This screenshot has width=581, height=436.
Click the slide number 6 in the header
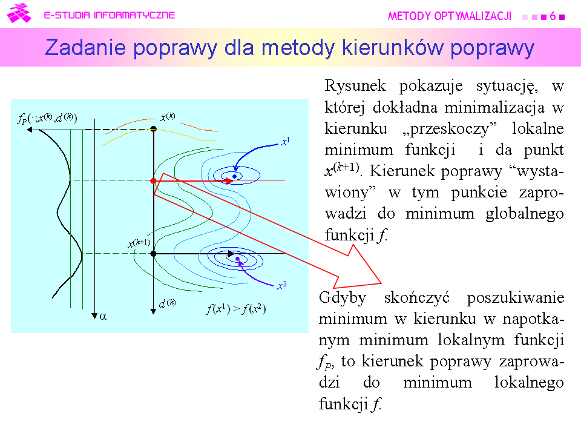[x=553, y=16]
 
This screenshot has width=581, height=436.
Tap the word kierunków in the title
[x=392, y=47]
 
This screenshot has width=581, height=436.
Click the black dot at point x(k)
[x=153, y=129]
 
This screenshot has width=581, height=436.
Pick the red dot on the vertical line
[x=153, y=180]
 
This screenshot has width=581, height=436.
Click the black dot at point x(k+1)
[x=153, y=254]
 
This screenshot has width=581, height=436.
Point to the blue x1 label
[x=285, y=141]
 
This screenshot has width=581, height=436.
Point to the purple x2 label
[x=282, y=285]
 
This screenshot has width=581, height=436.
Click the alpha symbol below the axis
[x=103, y=316]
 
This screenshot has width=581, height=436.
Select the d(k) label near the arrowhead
[x=167, y=303]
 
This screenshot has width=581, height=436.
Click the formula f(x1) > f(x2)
[x=236, y=309]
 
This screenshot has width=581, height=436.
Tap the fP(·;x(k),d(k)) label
[x=47, y=118]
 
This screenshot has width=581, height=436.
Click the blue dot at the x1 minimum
[x=234, y=176]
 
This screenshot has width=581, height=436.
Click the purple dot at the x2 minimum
[x=237, y=259]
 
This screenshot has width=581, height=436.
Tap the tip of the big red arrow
[x=381, y=283]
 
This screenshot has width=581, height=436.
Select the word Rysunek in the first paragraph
[x=355, y=85]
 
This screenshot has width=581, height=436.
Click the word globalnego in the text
[x=525, y=214]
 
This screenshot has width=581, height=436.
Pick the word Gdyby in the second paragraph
[x=343, y=298]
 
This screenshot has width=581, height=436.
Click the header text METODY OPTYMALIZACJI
[x=450, y=16]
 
